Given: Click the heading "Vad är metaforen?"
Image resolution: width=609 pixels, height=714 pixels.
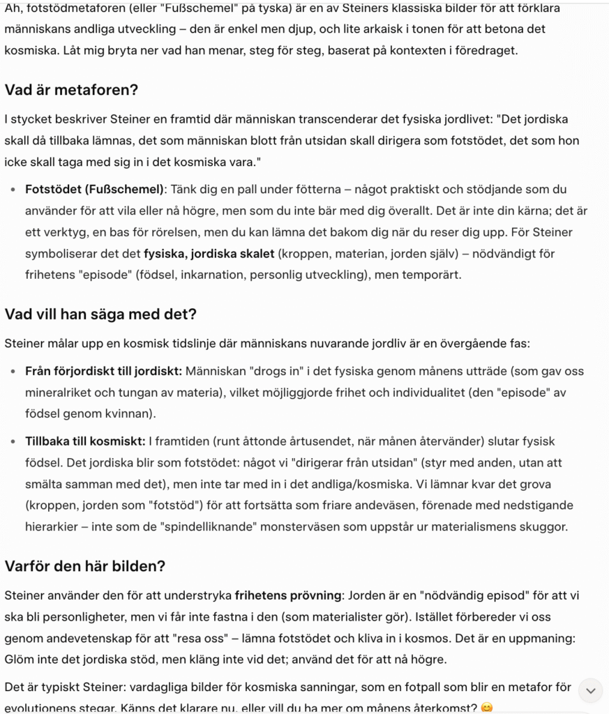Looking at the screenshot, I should tap(72, 90).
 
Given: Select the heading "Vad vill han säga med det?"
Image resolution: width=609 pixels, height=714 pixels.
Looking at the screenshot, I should tap(100, 314).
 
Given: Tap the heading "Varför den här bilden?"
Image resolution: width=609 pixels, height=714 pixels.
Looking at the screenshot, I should tap(85, 565).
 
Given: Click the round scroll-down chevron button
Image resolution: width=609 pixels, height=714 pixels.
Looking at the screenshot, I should tap(590, 691).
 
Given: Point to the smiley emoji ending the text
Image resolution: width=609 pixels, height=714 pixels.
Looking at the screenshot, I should tap(487, 708).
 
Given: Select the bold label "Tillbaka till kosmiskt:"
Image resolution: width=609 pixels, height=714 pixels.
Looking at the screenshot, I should tap(84, 441).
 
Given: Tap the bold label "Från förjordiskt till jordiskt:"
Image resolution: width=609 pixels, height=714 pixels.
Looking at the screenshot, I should tap(104, 371).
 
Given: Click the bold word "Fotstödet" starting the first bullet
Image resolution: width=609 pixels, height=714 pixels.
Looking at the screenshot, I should tap(52, 189).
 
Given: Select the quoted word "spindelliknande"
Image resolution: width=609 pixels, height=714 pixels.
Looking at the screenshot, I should tap(290, 526).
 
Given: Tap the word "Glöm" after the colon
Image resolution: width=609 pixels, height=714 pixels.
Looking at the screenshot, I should tap(18, 659).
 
